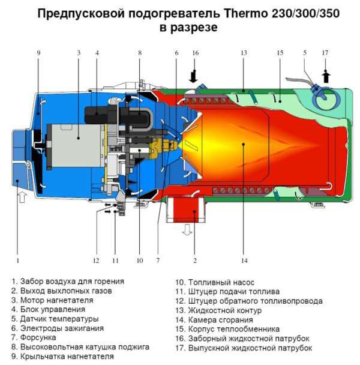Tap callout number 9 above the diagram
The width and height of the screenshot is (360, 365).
(38, 53)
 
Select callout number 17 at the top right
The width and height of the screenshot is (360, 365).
(325, 53)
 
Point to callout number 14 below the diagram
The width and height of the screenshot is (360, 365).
(244, 261)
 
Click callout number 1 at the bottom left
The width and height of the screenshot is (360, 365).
(17, 261)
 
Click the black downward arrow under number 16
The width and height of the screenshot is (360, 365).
(194, 77)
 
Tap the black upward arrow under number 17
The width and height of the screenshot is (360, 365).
(326, 77)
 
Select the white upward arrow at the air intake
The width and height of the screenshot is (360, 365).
(22, 197)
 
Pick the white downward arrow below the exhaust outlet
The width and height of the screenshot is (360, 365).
(187, 229)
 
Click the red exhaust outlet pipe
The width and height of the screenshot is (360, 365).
(186, 209)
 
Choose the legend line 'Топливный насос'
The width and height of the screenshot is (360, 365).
(215, 282)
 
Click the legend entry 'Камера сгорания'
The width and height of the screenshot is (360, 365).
(214, 320)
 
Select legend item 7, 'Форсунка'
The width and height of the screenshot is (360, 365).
(34, 337)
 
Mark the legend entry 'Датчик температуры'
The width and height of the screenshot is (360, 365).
(55, 319)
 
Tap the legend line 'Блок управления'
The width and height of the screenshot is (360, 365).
(48, 309)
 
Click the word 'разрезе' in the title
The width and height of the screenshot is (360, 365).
(194, 28)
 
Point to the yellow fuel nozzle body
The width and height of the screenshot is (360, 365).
(161, 146)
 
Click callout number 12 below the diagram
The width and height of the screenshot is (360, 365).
(96, 261)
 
